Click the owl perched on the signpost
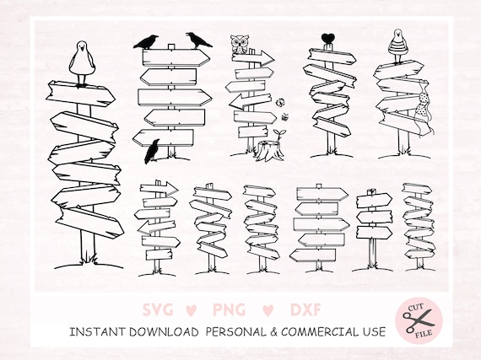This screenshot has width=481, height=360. pyautogui.click(x=238, y=45)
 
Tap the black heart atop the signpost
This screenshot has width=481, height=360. pyautogui.click(x=328, y=39)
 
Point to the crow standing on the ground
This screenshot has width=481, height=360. pyautogui.click(x=153, y=151)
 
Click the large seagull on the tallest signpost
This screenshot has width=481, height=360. pyautogui.click(x=81, y=62)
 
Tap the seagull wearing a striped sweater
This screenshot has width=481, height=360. pyautogui.click(x=397, y=46)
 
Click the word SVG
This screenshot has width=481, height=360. pyautogui.click(x=158, y=309)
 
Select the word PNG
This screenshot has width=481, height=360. pyautogui.click(x=230, y=309)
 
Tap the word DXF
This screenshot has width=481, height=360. pyautogui.click(x=305, y=309)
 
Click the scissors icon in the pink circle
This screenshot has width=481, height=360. pyautogui.click(x=418, y=320)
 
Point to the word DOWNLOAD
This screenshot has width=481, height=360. pyautogui.click(x=164, y=332)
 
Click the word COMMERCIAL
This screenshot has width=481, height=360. pyautogui.click(x=320, y=332)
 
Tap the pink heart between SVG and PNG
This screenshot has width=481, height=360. pyautogui.click(x=191, y=310)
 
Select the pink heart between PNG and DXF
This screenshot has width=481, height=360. pyautogui.click(x=268, y=310)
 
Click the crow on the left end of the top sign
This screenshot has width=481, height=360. pyautogui.click(x=146, y=42)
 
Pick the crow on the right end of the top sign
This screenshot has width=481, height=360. pyautogui.click(x=198, y=40)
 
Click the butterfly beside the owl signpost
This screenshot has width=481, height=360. pyautogui.click(x=280, y=102)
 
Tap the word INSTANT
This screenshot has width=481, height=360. pyautogui.click(x=97, y=332)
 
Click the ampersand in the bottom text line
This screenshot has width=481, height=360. pyautogui.click(x=274, y=332)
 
